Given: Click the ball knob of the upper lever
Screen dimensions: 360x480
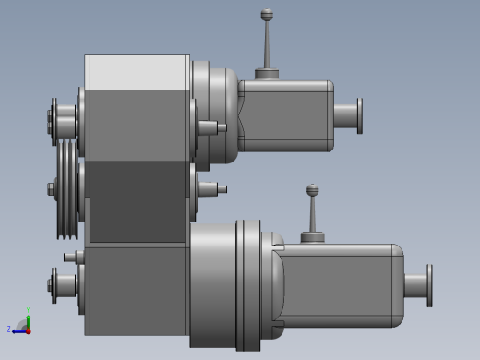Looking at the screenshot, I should (267, 15).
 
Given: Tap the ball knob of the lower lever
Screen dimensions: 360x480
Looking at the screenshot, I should (313, 190).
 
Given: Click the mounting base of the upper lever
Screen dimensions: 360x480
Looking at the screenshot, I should (267, 74).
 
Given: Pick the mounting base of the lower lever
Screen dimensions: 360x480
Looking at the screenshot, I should (313, 237).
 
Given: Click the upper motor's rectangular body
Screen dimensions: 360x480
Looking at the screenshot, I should (286, 115).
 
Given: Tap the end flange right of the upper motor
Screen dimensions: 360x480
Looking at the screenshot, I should (358, 115).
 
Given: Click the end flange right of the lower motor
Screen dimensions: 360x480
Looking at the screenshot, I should (429, 285).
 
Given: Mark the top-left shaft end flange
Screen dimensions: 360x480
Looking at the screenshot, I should (54, 121).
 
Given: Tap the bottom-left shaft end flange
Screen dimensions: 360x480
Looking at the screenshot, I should (54, 285).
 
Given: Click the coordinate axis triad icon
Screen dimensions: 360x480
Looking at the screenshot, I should (22, 325).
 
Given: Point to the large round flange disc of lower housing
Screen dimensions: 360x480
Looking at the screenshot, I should (242, 284).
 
